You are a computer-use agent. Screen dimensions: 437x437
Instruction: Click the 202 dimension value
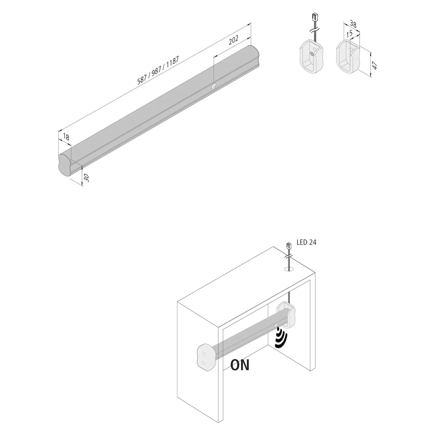pos(233,40)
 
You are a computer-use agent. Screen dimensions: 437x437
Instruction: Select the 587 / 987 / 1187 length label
pos(158,71)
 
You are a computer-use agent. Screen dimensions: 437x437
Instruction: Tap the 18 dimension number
pos(66,137)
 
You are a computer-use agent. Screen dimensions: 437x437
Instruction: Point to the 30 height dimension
pos(87,178)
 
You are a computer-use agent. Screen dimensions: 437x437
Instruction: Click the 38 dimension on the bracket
pos(353,24)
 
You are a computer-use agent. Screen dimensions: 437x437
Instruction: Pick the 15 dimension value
pos(349,34)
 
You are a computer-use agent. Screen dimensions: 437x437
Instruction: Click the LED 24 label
pos(306,242)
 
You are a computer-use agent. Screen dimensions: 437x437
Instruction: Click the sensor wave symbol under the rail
pos(281,338)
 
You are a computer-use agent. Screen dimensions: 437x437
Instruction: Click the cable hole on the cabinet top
pos(289,269)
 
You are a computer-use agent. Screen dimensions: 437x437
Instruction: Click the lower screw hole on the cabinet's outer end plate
pos(204,363)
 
